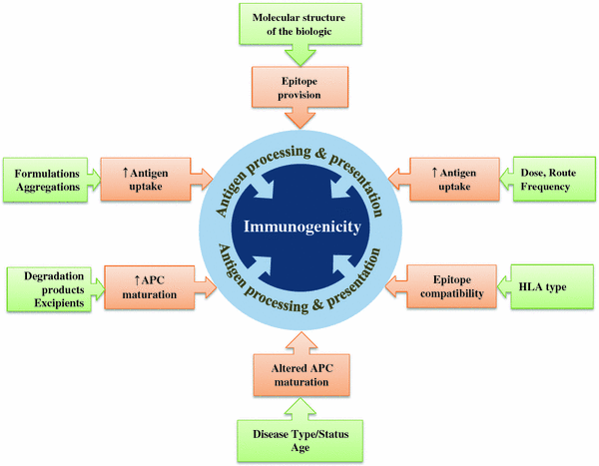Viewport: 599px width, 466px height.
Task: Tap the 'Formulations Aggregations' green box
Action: coord(47,178)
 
